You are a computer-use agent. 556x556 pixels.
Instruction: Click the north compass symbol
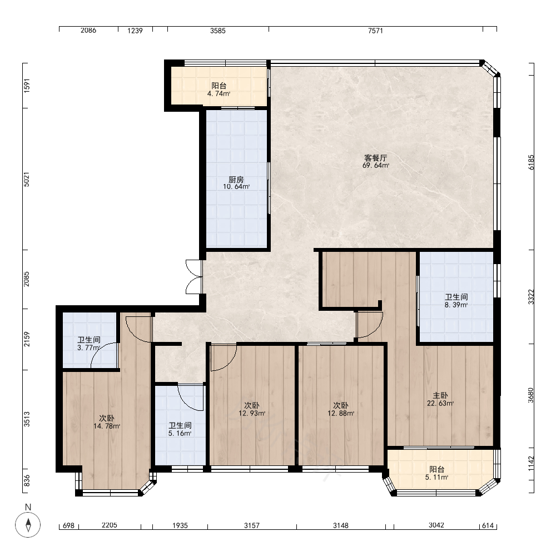[x=28, y=524]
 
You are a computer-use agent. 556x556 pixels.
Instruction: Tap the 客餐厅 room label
[x=375, y=158]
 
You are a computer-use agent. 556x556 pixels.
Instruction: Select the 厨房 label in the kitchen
[x=236, y=180]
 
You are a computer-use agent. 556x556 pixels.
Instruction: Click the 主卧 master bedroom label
[x=440, y=395]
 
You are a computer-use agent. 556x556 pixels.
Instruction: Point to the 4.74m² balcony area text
[x=219, y=94]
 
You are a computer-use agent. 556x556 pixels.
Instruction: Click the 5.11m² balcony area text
[x=436, y=477]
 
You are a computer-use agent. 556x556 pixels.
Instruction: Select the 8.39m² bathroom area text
[x=456, y=305]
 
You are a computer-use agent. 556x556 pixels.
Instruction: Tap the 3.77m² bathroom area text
[x=88, y=348]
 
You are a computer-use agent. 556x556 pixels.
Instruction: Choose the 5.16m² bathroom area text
[x=180, y=433]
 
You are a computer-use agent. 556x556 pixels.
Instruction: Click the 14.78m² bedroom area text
[x=107, y=426]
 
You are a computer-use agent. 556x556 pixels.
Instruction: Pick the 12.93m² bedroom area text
[x=252, y=414]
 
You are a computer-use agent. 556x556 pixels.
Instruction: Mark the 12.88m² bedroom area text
[x=341, y=414]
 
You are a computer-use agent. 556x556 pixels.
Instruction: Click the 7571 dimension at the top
[x=375, y=31]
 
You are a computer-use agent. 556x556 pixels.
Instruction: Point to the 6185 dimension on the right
[x=531, y=162]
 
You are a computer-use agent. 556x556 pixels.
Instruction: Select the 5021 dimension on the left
[x=27, y=180]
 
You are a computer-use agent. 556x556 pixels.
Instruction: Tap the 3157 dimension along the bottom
[x=252, y=525]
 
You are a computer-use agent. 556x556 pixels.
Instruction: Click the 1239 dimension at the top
[x=135, y=31]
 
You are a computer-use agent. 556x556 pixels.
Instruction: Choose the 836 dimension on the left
[x=27, y=481]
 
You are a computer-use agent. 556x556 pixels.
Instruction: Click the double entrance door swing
[x=193, y=277]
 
